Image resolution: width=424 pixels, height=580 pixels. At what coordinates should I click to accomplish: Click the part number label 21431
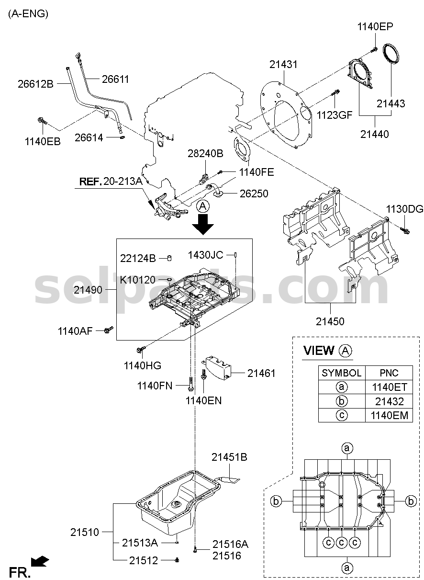pyautogui.click(x=283, y=65)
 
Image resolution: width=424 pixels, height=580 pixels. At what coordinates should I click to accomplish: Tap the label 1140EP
pyautogui.click(x=375, y=26)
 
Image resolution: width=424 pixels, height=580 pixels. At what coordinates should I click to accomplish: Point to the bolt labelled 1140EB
pyautogui.click(x=43, y=121)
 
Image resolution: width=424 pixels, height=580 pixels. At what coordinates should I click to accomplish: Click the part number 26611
pyautogui.click(x=115, y=79)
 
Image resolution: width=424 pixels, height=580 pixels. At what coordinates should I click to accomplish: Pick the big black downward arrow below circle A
pyautogui.click(x=203, y=224)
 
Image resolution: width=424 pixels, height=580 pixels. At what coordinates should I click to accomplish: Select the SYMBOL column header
pyautogui.click(x=342, y=373)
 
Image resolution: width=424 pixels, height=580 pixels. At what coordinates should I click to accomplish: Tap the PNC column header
pyautogui.click(x=389, y=373)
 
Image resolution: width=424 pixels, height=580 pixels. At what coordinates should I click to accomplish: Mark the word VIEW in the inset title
pyautogui.click(x=319, y=351)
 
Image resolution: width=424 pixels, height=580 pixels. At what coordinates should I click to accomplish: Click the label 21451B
pyautogui.click(x=229, y=457)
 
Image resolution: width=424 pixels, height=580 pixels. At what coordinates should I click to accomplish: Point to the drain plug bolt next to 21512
pyautogui.click(x=177, y=560)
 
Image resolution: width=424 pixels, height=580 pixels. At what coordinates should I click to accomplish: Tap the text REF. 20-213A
pyautogui.click(x=111, y=182)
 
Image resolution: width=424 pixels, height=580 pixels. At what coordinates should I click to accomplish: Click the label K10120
pyautogui.click(x=138, y=280)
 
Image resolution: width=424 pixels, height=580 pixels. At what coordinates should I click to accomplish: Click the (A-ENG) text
pyautogui.click(x=28, y=14)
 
